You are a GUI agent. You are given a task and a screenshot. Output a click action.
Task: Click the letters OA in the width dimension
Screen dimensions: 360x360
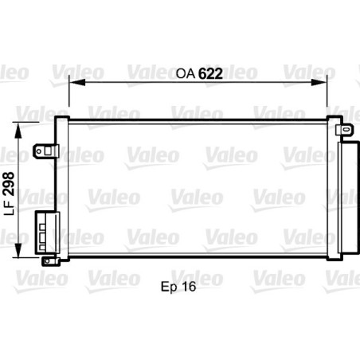[x=184, y=73]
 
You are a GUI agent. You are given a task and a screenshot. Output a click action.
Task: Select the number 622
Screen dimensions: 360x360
[x=210, y=73]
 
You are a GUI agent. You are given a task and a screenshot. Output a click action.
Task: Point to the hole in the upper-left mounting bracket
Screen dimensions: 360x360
[x=42, y=149]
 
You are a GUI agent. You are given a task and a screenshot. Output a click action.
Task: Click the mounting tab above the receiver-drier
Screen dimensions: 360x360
[x=343, y=128]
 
